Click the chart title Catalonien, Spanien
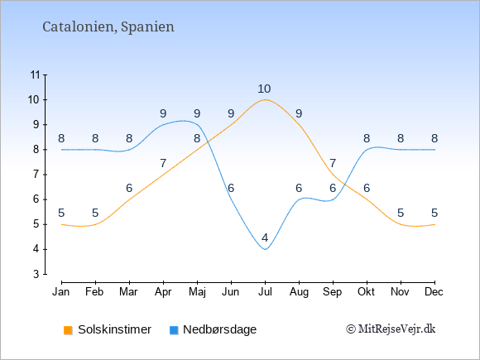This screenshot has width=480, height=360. coord(108,27)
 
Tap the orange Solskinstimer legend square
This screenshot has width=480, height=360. coord(68,330)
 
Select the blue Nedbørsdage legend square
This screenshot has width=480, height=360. coord(174,330)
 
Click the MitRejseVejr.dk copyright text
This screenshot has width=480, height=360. coord(391,329)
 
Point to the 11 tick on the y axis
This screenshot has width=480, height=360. coord(36,74)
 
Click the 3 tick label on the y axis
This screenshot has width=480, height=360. coord(36,274)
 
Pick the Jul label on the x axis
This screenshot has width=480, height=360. coord(265,292)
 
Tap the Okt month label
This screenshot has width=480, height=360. coord(366,292)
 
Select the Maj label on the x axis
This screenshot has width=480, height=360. coord(197,292)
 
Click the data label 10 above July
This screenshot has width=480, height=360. coord(264,89)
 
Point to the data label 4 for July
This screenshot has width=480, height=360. coord(265,238)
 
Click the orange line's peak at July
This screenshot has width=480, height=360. coord(265,99)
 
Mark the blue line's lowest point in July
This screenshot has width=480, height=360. coord(265,249)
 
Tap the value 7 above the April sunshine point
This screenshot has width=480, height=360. coord(163,164)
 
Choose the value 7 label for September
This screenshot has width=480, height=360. coord(333,164)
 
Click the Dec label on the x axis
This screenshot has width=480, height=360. coord(434,292)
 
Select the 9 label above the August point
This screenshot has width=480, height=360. coord(299,114)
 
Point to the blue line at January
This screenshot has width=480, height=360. coord(62,150)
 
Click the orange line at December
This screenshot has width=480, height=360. coord(434,224)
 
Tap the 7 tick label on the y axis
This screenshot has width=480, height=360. coord(36,175)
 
